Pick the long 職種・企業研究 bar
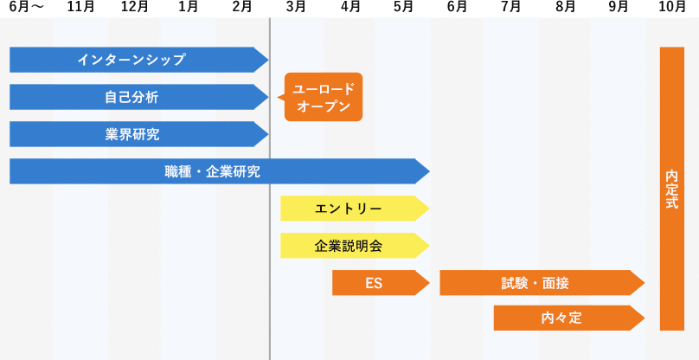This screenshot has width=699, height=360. click(x=212, y=171)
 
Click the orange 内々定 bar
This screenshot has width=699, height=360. click(x=561, y=318)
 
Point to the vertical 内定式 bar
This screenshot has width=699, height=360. click(x=672, y=189)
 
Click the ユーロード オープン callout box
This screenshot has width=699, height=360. click(x=323, y=97)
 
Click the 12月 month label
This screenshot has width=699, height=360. click(x=134, y=6)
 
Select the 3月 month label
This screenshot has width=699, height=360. click(x=296, y=6)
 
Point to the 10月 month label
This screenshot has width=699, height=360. click(x=672, y=6)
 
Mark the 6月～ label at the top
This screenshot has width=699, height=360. click(x=27, y=6)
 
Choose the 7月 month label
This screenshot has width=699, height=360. click(x=511, y=6)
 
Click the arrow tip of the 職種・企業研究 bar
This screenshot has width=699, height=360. click(x=425, y=171)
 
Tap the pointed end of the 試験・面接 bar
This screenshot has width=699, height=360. click(x=641, y=283)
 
